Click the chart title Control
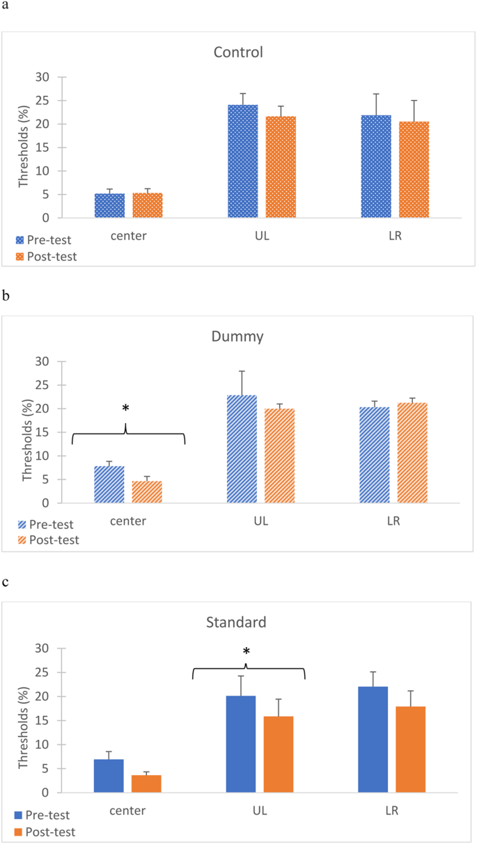pyautogui.click(x=239, y=52)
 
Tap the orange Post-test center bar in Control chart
pyautogui.click(x=147, y=205)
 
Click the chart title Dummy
pyautogui.click(x=238, y=337)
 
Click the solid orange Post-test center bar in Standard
pyautogui.click(x=146, y=783)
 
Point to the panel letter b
pyautogui.click(x=6, y=295)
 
